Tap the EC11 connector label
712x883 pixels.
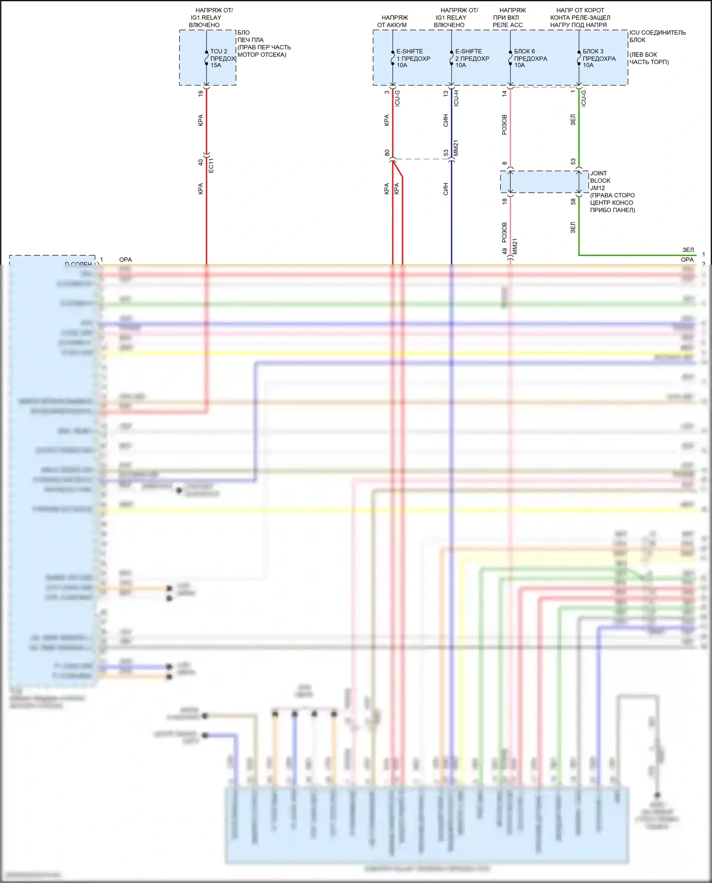(211, 165)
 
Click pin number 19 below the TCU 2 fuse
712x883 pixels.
(201, 93)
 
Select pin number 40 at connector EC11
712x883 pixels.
(201, 162)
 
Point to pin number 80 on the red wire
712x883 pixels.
(387, 153)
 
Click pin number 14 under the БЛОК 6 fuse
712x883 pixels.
(505, 93)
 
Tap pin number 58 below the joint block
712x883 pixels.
(573, 201)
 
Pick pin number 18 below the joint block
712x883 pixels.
(505, 201)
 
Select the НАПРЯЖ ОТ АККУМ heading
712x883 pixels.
(393, 21)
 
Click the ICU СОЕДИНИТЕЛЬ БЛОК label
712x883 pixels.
(657, 36)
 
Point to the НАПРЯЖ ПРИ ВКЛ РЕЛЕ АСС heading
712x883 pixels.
(509, 18)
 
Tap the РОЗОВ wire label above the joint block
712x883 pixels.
(504, 124)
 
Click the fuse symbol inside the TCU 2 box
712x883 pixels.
(206, 58)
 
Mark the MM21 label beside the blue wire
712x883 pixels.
(456, 148)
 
